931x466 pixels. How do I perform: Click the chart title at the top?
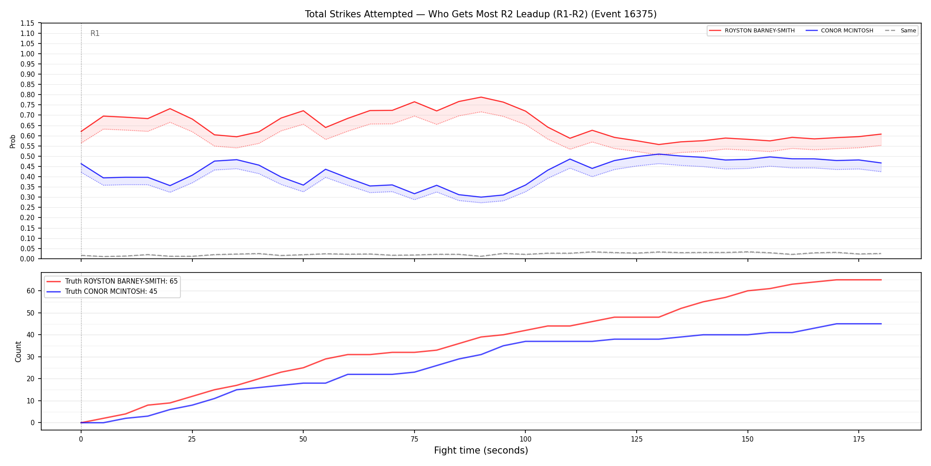point(481,14)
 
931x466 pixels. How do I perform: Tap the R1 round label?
point(95,33)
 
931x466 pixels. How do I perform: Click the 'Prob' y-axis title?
point(13,141)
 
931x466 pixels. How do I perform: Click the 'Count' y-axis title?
point(18,351)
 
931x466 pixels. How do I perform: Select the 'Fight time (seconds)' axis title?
point(481,450)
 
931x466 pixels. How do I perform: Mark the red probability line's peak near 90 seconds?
point(481,97)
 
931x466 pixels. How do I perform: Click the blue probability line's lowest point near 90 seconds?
point(481,197)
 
